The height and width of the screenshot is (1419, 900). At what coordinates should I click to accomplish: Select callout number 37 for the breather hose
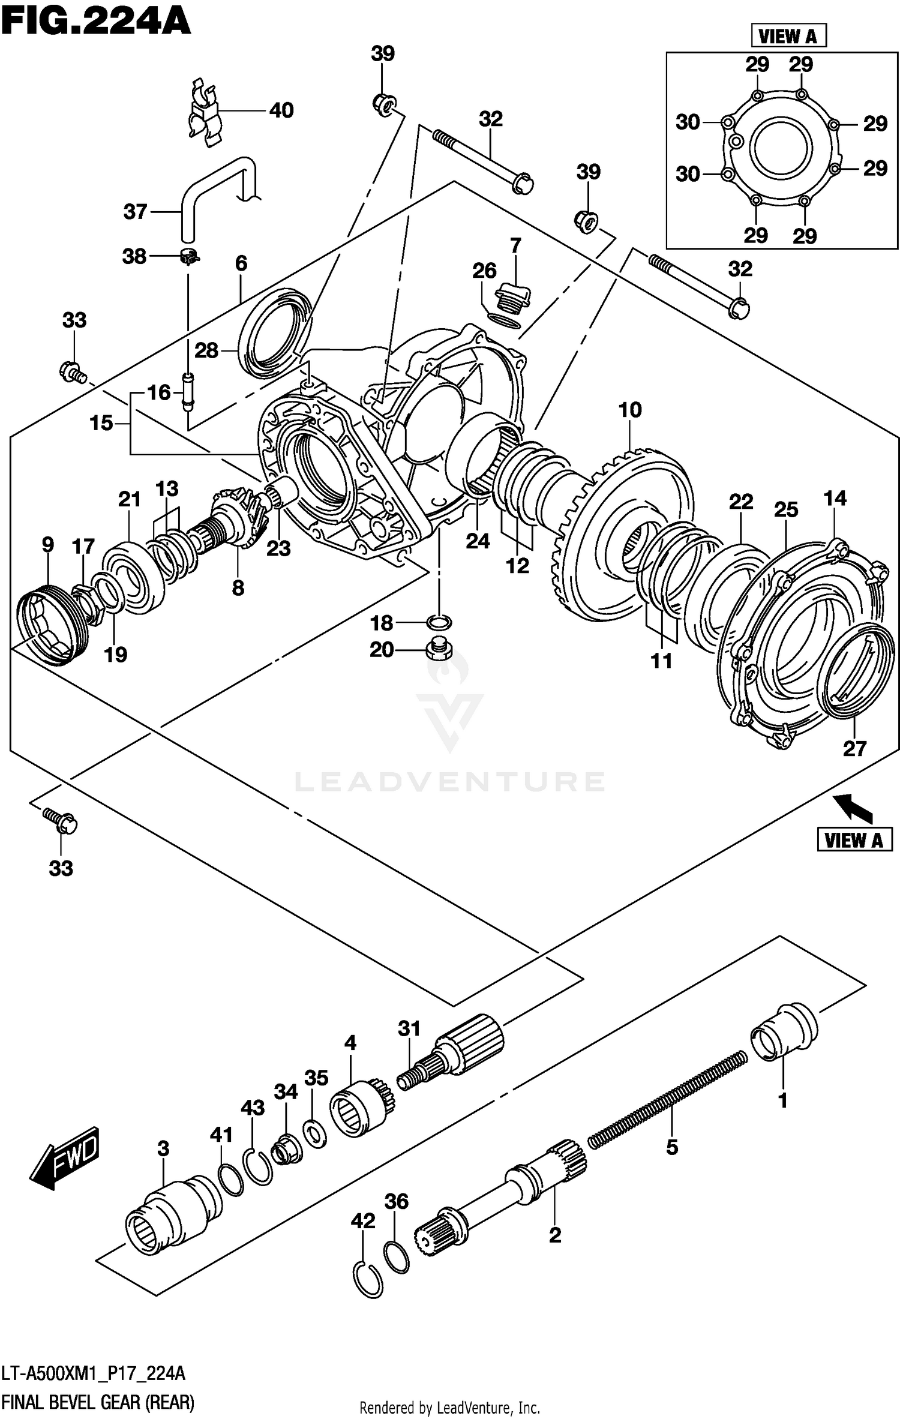(x=135, y=212)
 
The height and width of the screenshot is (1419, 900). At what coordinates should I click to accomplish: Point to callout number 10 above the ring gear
(x=629, y=410)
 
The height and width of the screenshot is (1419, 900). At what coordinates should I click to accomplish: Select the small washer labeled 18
(x=439, y=622)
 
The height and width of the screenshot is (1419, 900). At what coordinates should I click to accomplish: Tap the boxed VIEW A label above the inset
(x=788, y=37)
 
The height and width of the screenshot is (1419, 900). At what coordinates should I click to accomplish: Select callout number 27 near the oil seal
(x=854, y=749)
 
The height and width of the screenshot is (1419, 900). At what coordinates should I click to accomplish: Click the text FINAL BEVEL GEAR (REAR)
(x=98, y=1402)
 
